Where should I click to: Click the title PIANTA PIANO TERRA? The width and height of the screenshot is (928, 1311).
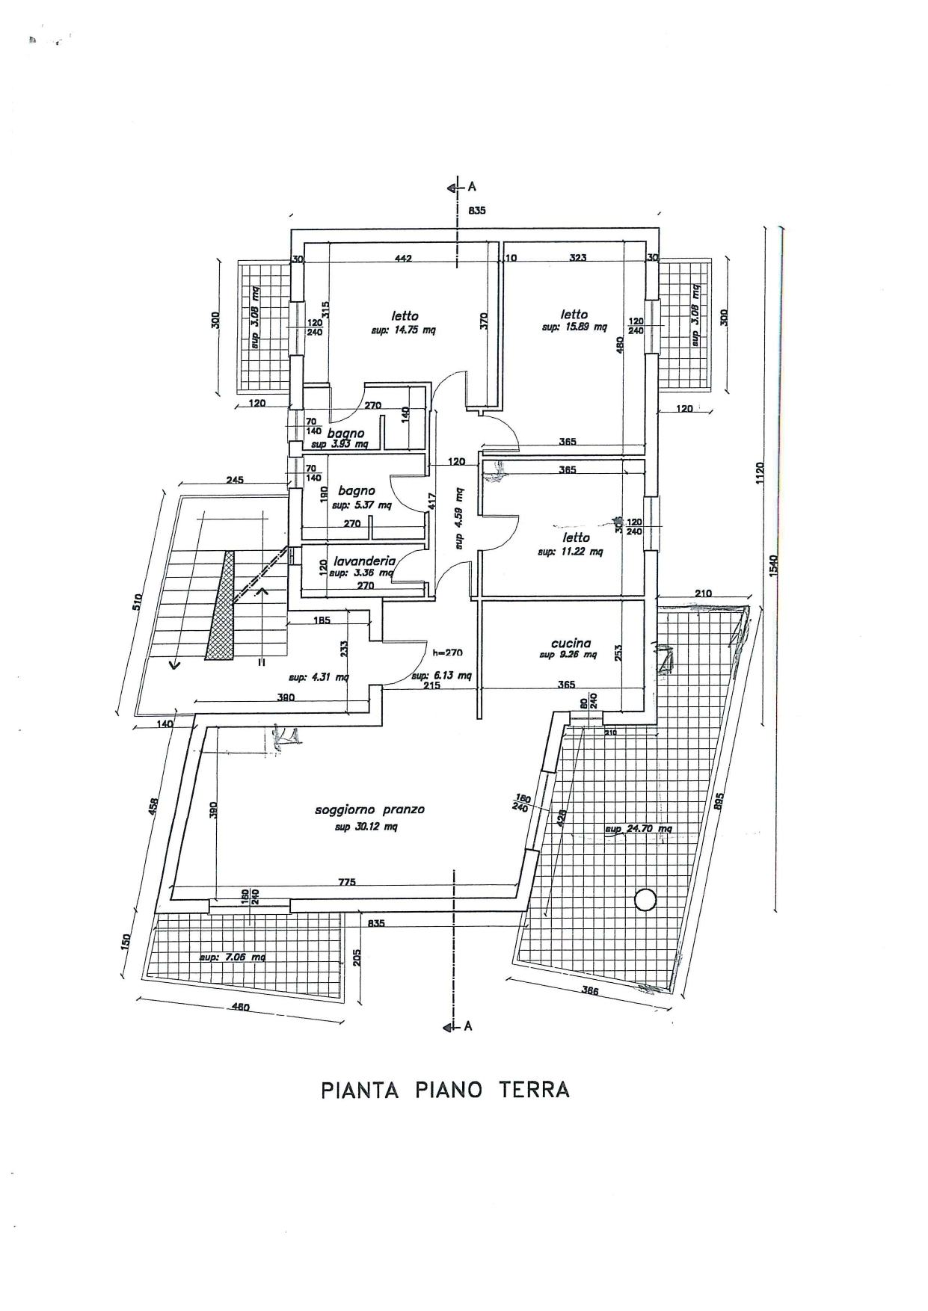click(x=446, y=1090)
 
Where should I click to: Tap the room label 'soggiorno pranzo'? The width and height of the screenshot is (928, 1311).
click(x=369, y=809)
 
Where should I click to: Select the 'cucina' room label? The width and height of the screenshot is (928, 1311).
click(x=571, y=643)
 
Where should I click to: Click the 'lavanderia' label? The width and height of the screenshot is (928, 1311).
click(x=364, y=561)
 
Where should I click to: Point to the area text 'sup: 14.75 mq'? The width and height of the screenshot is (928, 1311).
click(x=403, y=330)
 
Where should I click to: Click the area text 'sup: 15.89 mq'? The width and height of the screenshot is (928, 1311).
click(x=574, y=327)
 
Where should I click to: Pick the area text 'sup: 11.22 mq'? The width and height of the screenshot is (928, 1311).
click(x=570, y=552)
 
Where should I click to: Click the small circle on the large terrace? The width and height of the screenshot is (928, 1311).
click(x=645, y=900)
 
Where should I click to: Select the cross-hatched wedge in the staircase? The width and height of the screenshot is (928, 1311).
click(x=221, y=609)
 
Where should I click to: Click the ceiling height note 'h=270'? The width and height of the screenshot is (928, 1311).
click(x=448, y=653)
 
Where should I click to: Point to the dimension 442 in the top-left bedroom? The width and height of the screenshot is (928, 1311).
click(x=403, y=259)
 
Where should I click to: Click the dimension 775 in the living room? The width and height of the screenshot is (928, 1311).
click(x=347, y=882)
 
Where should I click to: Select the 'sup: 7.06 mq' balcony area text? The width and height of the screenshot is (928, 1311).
click(x=232, y=957)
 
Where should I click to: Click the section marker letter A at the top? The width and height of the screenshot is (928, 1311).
click(x=472, y=187)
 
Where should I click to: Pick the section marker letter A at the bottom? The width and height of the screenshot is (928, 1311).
click(x=468, y=1026)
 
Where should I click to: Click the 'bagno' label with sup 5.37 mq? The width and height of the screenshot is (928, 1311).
click(x=357, y=491)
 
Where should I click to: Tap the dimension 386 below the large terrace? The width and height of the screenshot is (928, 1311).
click(x=591, y=991)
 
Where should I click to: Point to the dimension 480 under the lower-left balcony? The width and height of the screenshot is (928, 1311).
click(x=240, y=1007)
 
